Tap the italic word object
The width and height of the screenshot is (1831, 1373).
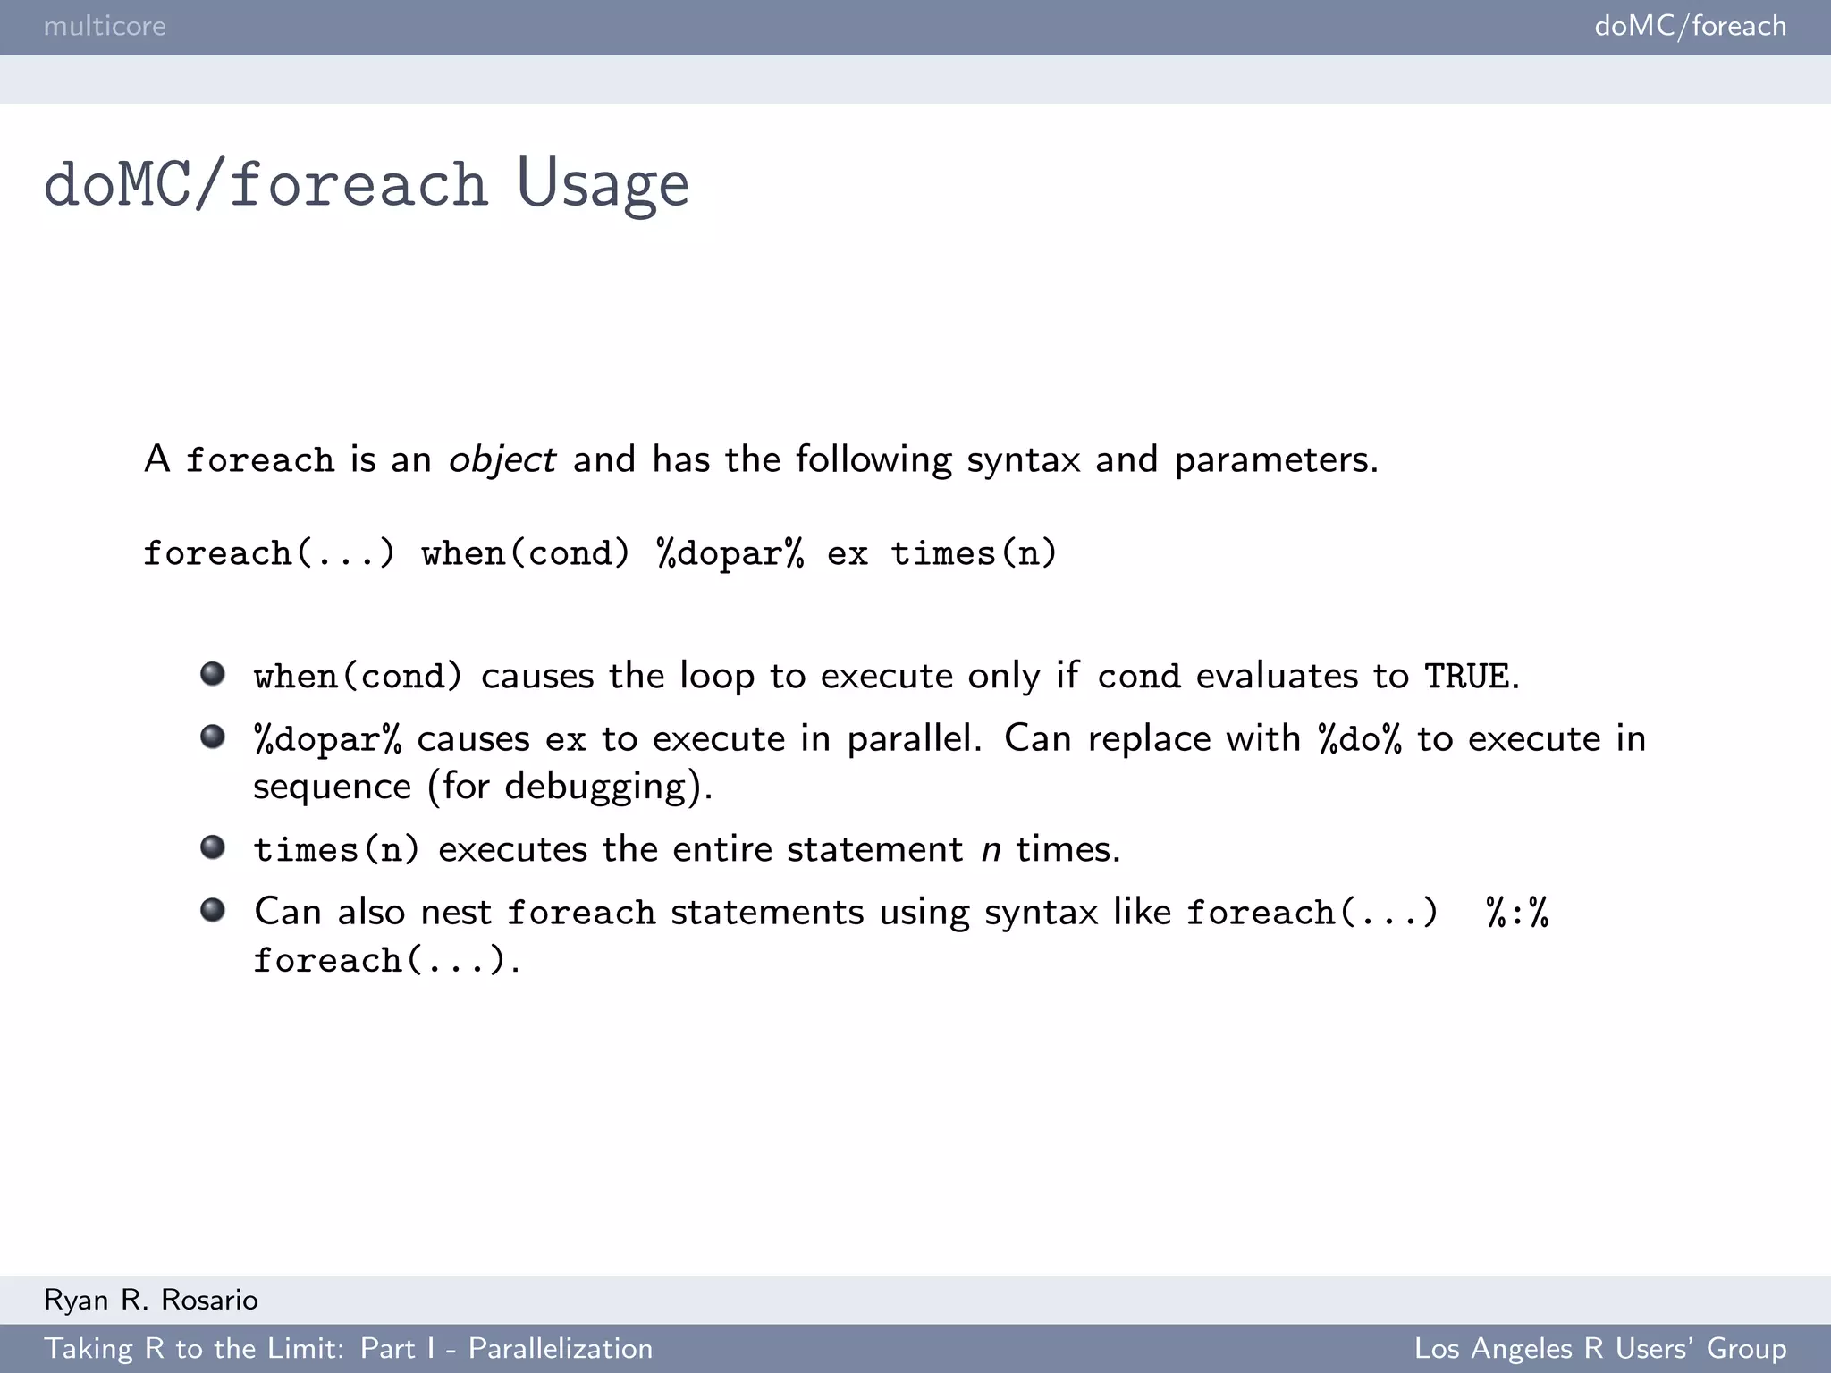[502, 460]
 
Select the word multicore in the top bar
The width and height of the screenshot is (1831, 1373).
[105, 26]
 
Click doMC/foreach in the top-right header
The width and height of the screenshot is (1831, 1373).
[1690, 26]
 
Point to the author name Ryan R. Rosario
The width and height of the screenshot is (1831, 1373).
[150, 1300]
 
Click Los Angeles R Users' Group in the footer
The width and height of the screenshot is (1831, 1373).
[1599, 1348]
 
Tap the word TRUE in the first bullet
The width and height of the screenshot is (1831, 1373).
[1466, 677]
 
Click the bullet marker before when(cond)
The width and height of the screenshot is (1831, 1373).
[213, 673]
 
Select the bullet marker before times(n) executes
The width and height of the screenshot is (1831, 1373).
[213, 847]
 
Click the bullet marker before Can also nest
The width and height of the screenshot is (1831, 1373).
[213, 910]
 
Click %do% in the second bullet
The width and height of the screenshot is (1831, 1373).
[1360, 739]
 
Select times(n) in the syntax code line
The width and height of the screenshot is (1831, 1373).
[974, 554]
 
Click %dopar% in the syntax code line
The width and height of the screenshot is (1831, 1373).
[730, 554]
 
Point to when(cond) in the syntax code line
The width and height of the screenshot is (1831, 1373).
[526, 554]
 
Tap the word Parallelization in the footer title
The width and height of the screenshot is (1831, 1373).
[561, 1348]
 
